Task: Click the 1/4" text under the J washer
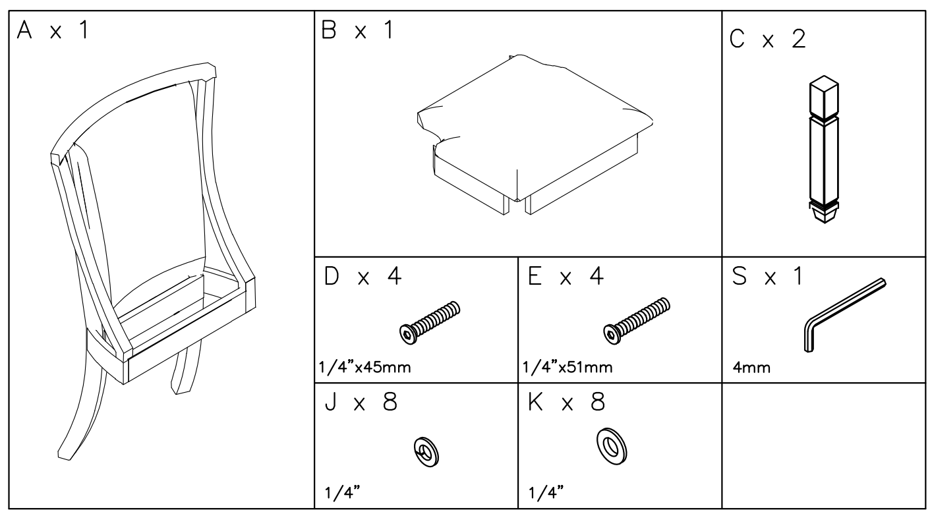click(337, 494)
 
